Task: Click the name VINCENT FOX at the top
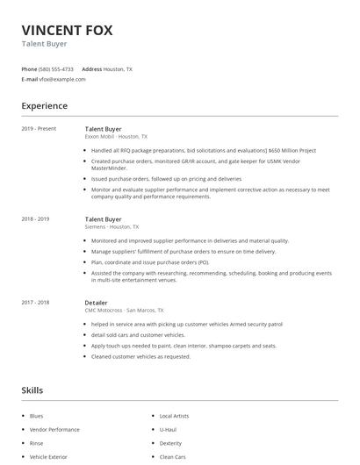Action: click(67, 30)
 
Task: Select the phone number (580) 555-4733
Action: click(56, 68)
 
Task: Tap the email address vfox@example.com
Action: click(62, 79)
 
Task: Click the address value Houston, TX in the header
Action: click(118, 68)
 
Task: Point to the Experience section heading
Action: click(44, 106)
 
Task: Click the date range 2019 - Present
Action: click(39, 129)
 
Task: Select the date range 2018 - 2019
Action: click(35, 218)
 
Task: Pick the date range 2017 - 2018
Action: click(35, 302)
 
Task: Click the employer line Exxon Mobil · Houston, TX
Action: click(116, 137)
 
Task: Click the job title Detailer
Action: click(97, 302)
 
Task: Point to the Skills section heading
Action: click(32, 390)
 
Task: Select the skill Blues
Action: click(36, 416)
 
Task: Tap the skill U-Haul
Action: click(167, 430)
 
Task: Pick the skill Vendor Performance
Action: click(54, 430)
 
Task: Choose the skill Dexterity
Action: click(169, 444)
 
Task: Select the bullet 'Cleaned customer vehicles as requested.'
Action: click(140, 356)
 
